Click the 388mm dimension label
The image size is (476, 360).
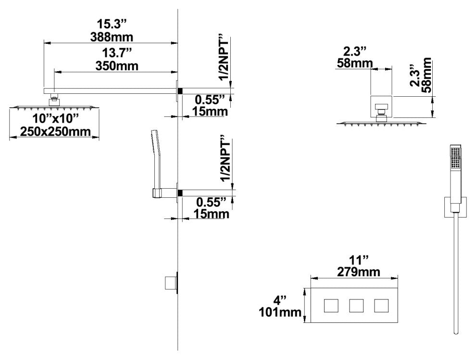pyautogui.click(x=112, y=37)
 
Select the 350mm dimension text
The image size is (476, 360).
pyautogui.click(x=117, y=65)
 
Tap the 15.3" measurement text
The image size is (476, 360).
pyautogui.click(x=112, y=24)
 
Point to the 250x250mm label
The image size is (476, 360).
pyautogui.click(x=55, y=131)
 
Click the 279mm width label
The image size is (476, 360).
pyautogui.click(x=359, y=272)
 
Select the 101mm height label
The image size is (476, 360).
pyautogui.click(x=280, y=312)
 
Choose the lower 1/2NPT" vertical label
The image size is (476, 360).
pyautogui.click(x=225, y=160)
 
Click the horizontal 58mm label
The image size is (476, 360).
pyautogui.click(x=354, y=63)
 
